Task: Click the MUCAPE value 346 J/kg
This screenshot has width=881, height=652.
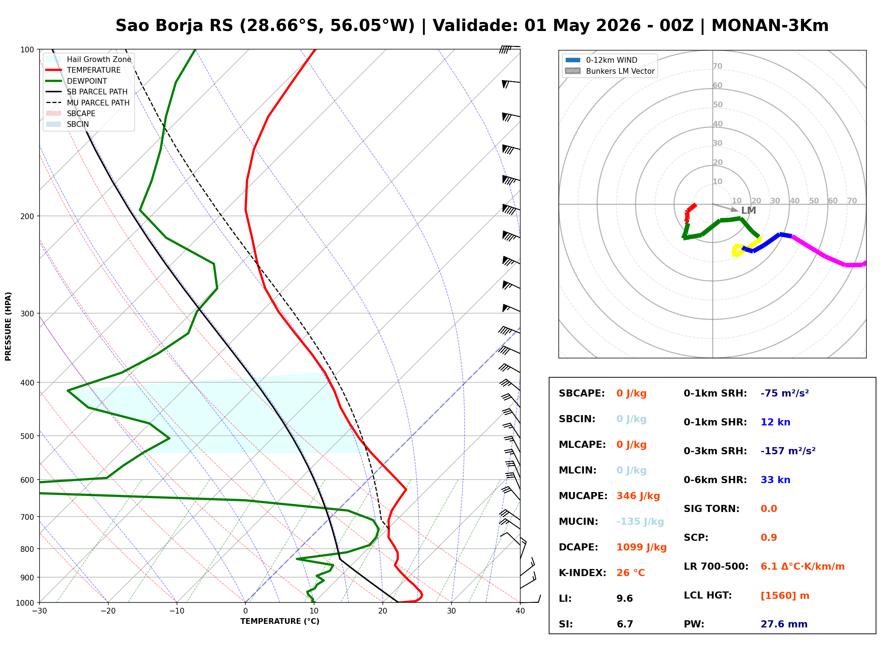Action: (x=638, y=496)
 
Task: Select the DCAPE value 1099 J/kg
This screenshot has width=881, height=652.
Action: (x=641, y=547)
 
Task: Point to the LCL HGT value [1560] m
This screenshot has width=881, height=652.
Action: (x=785, y=596)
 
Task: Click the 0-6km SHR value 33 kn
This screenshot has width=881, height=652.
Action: (x=775, y=480)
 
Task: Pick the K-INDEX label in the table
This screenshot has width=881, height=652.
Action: (x=582, y=573)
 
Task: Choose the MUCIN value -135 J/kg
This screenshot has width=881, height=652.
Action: (x=640, y=522)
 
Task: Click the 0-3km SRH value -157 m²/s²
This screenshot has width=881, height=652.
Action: (x=788, y=451)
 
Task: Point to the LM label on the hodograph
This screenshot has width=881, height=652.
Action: (x=749, y=211)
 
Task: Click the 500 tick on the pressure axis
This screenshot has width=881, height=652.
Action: (x=27, y=436)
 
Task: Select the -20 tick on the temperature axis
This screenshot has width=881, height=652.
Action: (x=108, y=611)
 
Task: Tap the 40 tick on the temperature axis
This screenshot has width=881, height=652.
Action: (x=520, y=611)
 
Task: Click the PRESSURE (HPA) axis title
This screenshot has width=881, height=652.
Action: (x=8, y=326)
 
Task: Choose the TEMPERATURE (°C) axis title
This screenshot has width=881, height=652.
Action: (x=280, y=622)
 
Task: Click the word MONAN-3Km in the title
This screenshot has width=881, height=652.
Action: (x=770, y=26)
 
